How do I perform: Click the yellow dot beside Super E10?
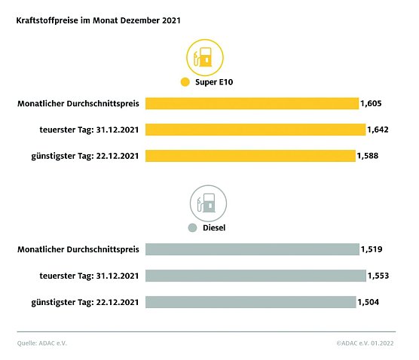pyautogui.click(x=183, y=82)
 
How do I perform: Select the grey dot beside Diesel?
pyautogui.click(x=192, y=228)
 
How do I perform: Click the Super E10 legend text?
pyautogui.click(x=215, y=82)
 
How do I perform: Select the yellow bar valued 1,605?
pyautogui.click(x=252, y=103)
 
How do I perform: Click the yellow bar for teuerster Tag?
pyautogui.click(x=255, y=130)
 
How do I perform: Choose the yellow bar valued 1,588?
pyautogui.click(x=249, y=156)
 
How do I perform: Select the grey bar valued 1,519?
pyautogui.click(x=252, y=249)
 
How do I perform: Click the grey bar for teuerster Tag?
pyautogui.click(x=255, y=276)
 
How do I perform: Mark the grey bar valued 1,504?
pyautogui.click(x=249, y=302)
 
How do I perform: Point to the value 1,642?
pyautogui.click(x=377, y=130)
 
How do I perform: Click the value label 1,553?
pyautogui.click(x=377, y=276)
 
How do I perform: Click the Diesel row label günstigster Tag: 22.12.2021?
pyautogui.click(x=90, y=302)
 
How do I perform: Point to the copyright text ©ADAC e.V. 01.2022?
pyautogui.click(x=365, y=343)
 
